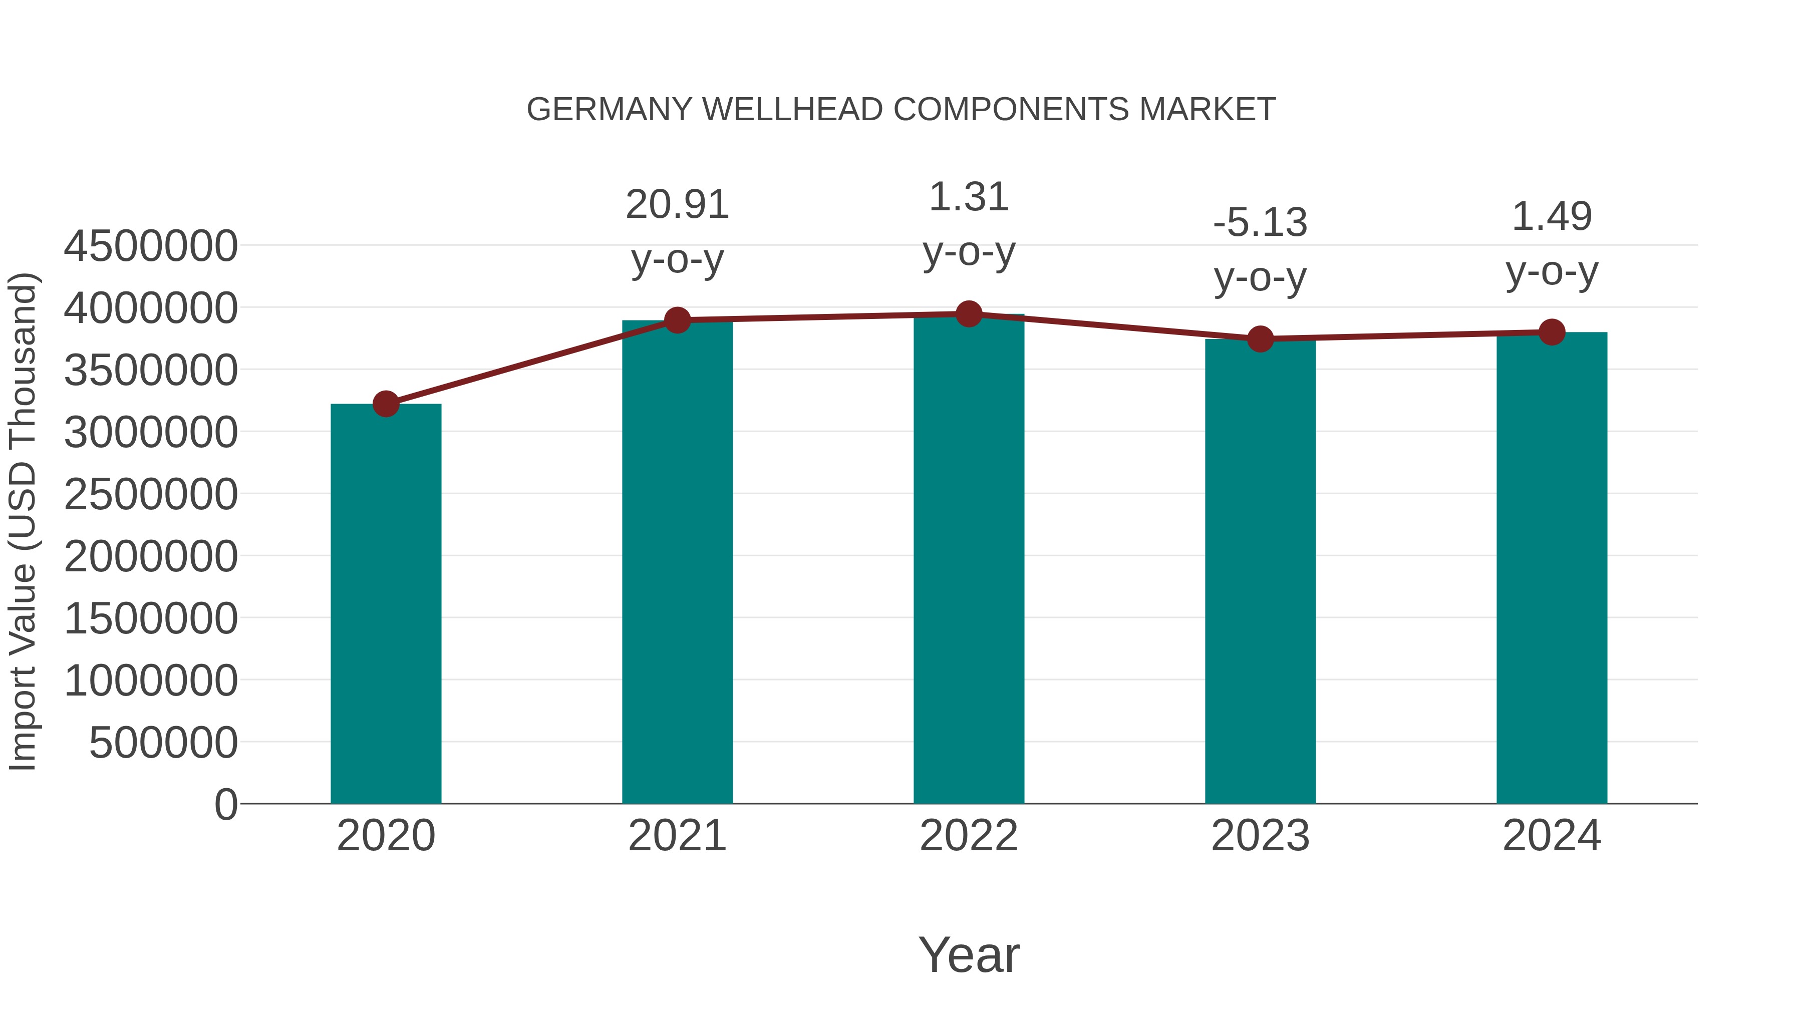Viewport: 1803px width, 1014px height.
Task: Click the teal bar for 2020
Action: [x=386, y=603]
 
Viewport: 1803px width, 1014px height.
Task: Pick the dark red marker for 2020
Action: [x=386, y=404]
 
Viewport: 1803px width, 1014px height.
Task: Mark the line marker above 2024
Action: [x=1552, y=332]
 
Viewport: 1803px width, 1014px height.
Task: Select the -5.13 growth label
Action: [x=1260, y=223]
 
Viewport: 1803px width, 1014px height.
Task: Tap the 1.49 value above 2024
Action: [x=1552, y=216]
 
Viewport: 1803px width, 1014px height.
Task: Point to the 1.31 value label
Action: [x=969, y=197]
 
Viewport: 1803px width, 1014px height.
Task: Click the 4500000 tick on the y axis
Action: [x=150, y=246]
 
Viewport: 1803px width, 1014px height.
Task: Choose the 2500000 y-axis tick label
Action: [x=150, y=495]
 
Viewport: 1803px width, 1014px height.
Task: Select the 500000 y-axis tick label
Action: [x=163, y=743]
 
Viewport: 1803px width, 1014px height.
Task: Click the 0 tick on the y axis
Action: [x=225, y=804]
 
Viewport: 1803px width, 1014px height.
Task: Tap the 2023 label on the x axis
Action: [x=1260, y=836]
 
